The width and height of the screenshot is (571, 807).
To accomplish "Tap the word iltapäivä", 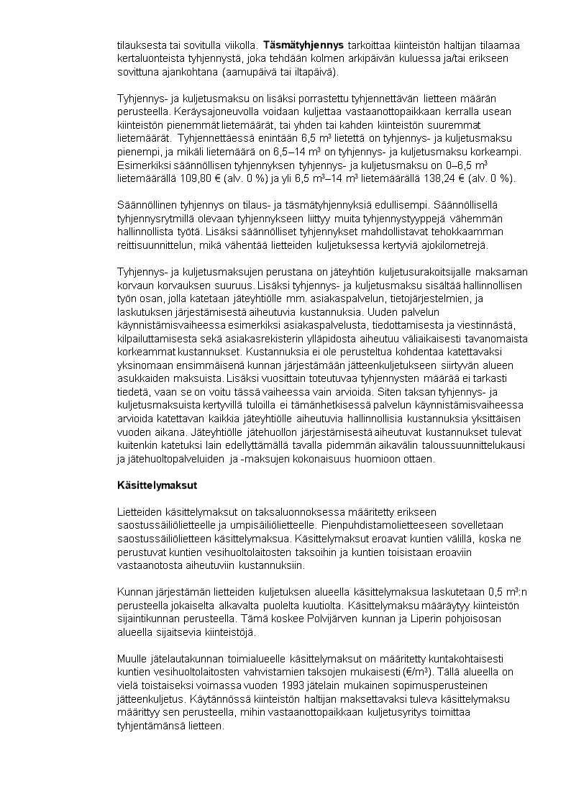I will (x=298, y=73).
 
